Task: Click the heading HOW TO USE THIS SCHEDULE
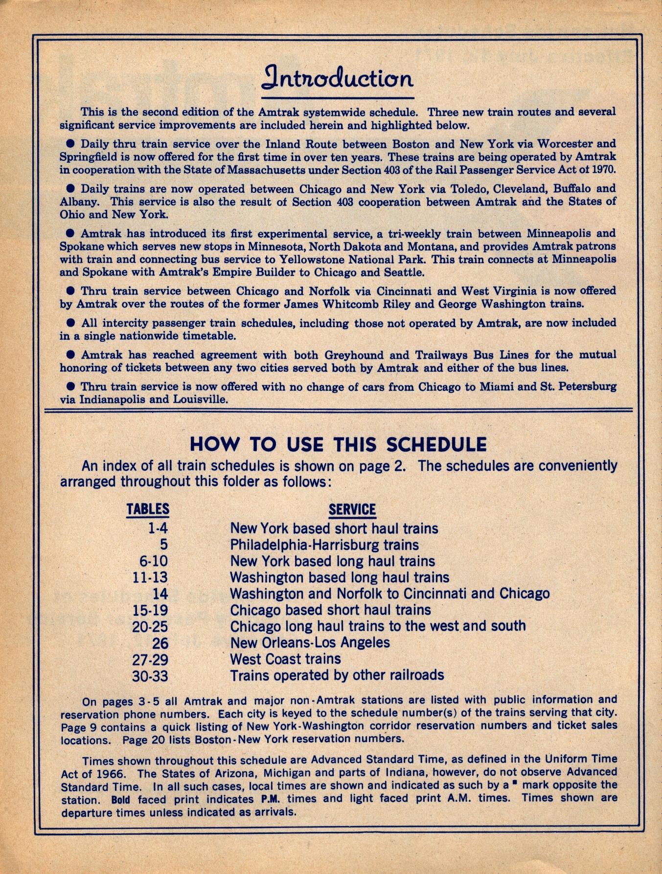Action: [x=338, y=444]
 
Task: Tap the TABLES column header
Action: [x=148, y=509]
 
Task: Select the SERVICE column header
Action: [x=352, y=509]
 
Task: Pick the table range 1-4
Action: [x=157, y=529]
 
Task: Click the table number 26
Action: [x=160, y=643]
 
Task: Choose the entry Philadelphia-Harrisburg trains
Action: [x=324, y=545]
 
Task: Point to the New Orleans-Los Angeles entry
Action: [x=310, y=643]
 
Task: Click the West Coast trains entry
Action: [x=285, y=659]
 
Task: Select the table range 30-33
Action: [x=150, y=676]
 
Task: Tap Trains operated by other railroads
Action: [x=337, y=675]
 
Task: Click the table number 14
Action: [x=160, y=594]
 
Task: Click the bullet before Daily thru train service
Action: [x=70, y=144]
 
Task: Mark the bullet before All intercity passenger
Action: [x=70, y=323]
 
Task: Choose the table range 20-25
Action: [x=150, y=627]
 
